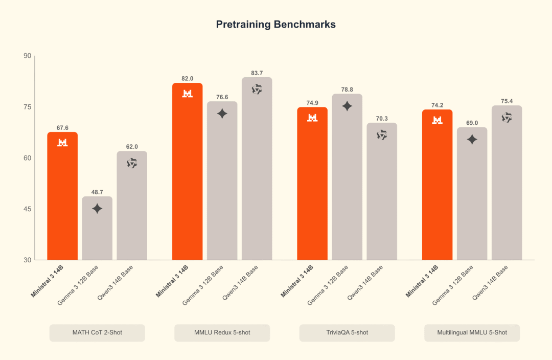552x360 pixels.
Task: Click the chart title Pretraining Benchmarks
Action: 275,25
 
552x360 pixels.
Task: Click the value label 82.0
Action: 187,78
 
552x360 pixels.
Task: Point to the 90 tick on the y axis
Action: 27,56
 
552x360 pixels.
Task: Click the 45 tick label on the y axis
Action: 27,209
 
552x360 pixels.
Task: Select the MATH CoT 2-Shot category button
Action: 97,332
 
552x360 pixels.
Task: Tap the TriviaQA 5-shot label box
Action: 347,332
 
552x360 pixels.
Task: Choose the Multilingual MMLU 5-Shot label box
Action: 472,332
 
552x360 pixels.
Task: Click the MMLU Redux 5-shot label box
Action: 222,332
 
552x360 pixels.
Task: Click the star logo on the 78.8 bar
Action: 347,106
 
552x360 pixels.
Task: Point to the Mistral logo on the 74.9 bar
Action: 312,118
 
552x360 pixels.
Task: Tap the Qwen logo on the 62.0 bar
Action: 132,163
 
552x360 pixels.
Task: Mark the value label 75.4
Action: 507,101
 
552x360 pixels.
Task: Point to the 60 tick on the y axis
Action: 27,158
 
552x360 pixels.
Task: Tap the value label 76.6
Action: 222,97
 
